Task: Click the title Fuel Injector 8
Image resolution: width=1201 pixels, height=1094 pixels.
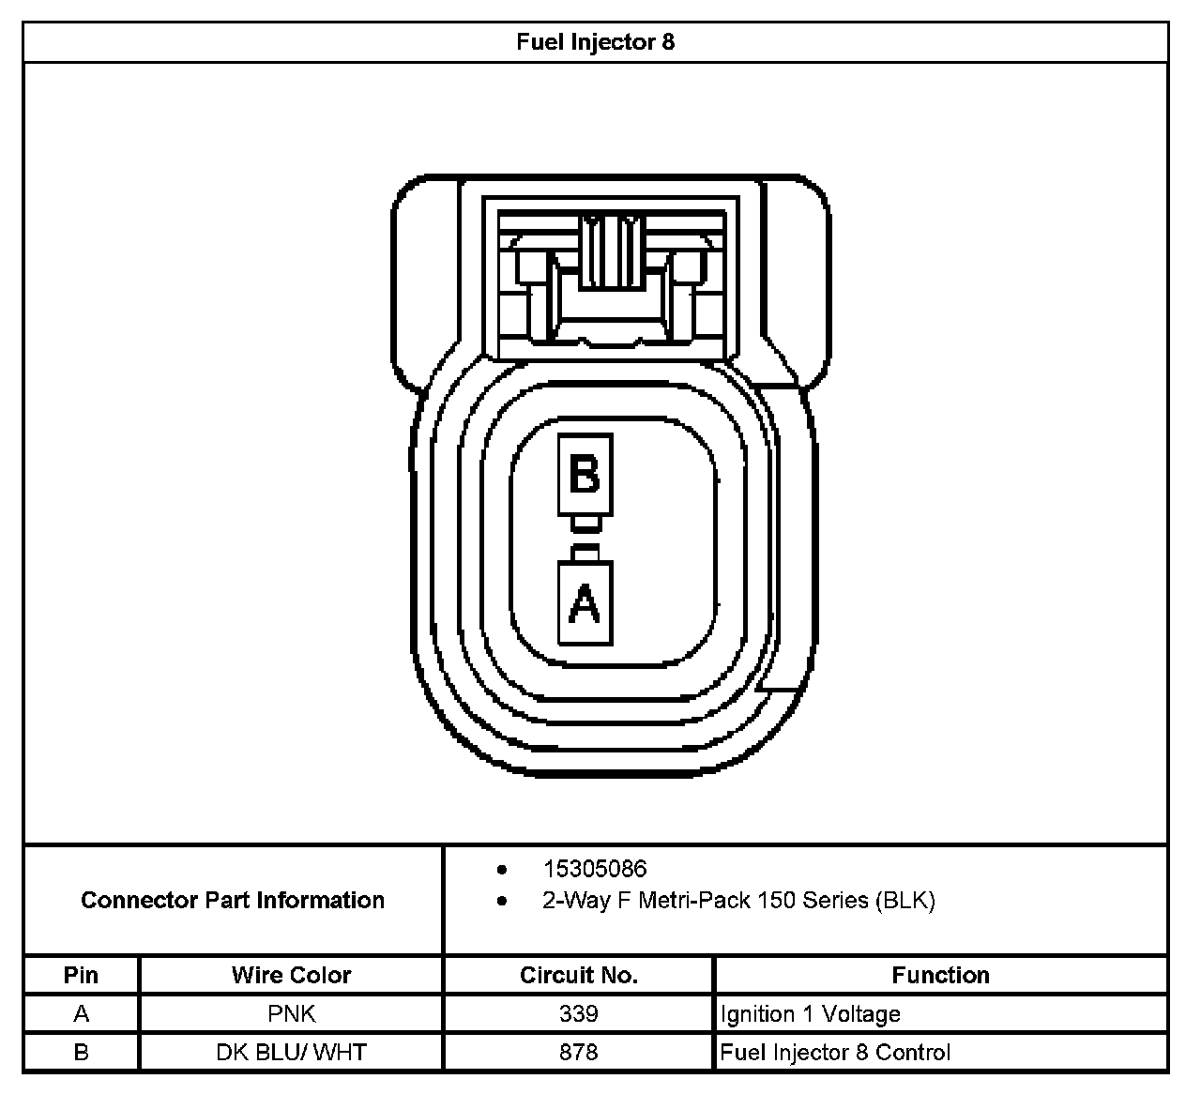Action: click(595, 42)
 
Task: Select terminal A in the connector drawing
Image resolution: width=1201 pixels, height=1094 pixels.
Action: click(585, 603)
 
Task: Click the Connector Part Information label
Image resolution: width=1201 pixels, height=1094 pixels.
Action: click(233, 900)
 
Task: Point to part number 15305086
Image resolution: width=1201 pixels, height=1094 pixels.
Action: click(594, 869)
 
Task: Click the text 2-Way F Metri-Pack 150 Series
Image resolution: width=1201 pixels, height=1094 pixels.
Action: click(737, 901)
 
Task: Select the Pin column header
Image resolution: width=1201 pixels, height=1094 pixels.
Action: click(81, 975)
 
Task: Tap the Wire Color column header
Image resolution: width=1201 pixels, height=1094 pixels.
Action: click(291, 975)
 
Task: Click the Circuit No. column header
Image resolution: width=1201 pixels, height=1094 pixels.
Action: click(578, 975)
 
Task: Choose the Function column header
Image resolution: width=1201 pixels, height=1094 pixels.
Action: click(940, 975)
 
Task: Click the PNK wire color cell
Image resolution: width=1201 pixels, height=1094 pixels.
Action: click(291, 1014)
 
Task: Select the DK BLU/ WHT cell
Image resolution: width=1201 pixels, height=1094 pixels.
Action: click(291, 1053)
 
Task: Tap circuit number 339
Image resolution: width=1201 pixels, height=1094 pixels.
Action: click(578, 1014)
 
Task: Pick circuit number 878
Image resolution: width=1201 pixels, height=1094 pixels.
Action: click(578, 1053)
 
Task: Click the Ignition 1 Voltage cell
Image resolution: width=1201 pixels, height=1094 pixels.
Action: click(811, 1014)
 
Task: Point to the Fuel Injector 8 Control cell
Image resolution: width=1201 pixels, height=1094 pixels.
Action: click(835, 1053)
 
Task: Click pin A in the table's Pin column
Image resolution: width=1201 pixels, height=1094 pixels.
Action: click(81, 1014)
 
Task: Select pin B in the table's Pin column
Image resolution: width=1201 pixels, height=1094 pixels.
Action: click(81, 1053)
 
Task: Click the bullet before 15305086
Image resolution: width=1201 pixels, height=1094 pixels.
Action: click(503, 870)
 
